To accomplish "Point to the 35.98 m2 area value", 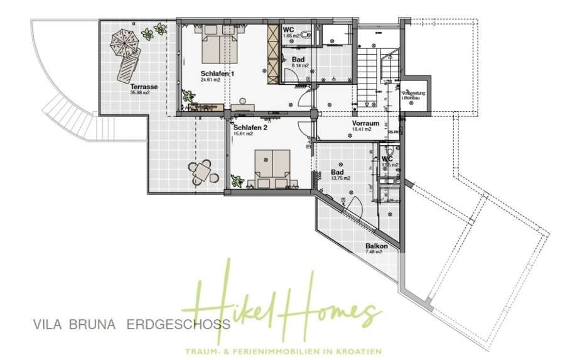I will click(140, 92).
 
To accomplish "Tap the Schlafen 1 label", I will click(217, 74).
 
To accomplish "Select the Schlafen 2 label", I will click(250, 127).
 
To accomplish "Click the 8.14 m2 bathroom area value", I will click(300, 65).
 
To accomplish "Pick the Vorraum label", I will click(365, 124).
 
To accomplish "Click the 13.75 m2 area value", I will click(341, 178).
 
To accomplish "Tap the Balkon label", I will click(376, 246).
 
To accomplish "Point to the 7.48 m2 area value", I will click(375, 253).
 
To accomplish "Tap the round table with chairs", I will click(202, 170).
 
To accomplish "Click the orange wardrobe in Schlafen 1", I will click(273, 55).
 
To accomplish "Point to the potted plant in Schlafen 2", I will click(237, 181).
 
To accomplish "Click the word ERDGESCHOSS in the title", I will click(178, 325).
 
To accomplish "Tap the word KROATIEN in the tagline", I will click(363, 351).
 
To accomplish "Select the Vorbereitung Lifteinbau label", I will click(414, 95).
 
